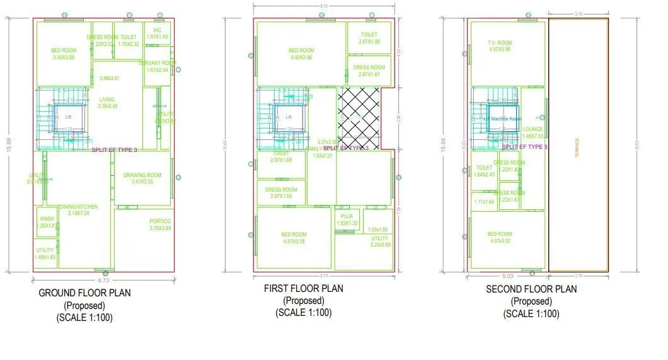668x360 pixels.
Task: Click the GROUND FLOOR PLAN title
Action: pos(85,293)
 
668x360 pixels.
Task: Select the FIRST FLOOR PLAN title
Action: pos(304,289)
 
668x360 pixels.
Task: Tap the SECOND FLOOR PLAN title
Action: pos(531,289)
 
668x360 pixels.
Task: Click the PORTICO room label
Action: pos(160,221)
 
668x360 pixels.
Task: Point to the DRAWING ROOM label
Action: pos(142,175)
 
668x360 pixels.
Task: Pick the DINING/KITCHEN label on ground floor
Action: pos(79,207)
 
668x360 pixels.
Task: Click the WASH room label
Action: pos(47,219)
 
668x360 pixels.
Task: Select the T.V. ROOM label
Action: pos(500,42)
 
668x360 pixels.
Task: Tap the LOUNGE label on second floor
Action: pos(533,129)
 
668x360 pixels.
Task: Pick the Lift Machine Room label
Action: pos(498,119)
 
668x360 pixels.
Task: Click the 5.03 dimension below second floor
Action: pos(507,275)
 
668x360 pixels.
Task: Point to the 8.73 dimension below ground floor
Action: pos(104,279)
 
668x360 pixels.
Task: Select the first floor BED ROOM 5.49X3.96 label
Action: pos(301,50)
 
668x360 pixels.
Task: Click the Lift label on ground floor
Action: pos(68,117)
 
